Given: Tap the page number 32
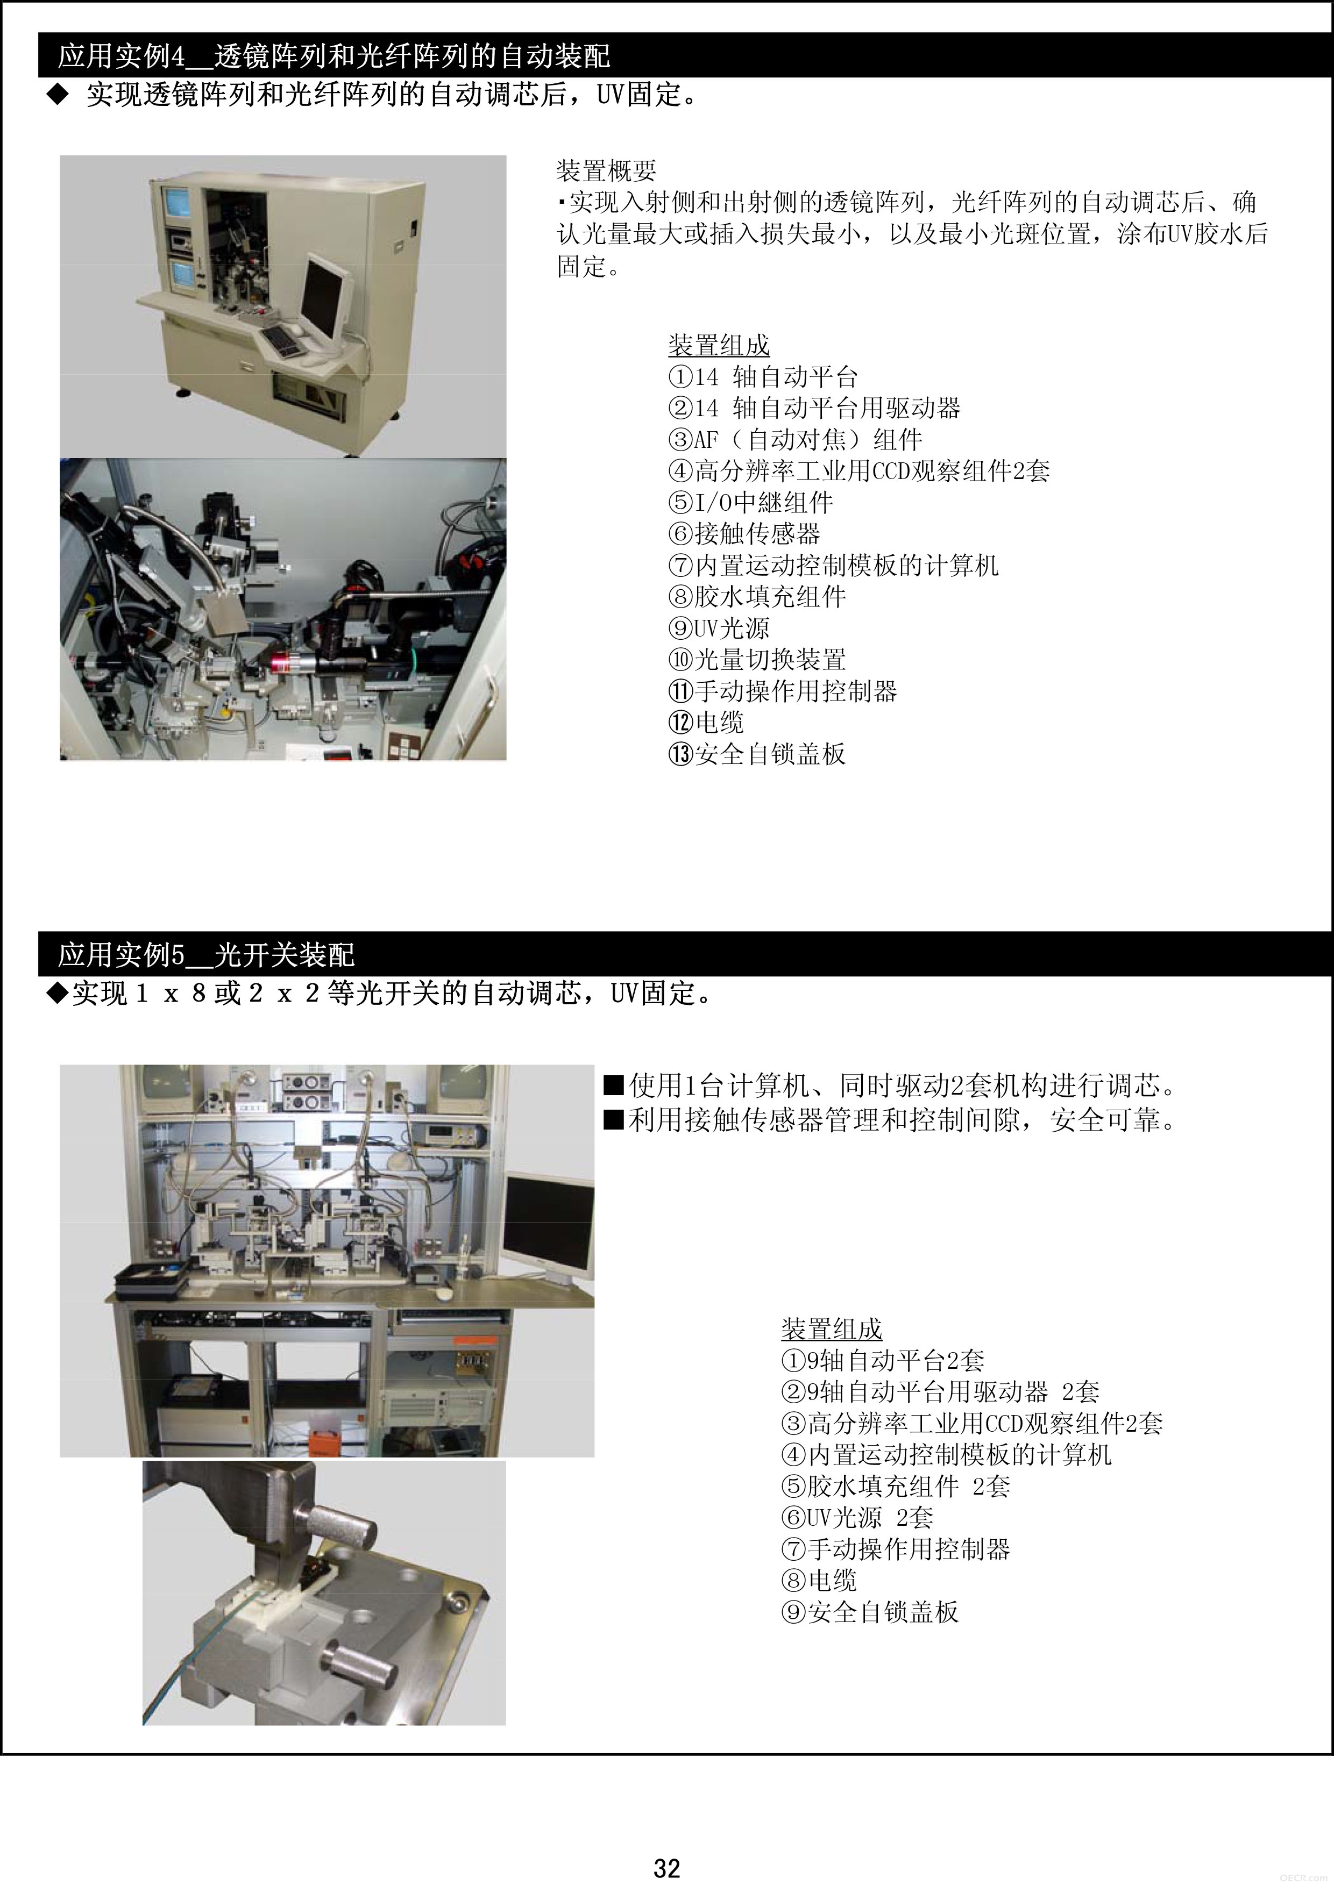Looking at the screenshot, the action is (x=666, y=1868).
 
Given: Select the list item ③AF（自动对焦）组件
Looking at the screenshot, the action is (x=796, y=439).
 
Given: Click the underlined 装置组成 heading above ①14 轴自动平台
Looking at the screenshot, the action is (x=719, y=345).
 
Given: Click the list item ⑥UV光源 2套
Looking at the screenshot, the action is (x=857, y=1517).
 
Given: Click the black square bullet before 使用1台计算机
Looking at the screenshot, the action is (x=613, y=1086).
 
